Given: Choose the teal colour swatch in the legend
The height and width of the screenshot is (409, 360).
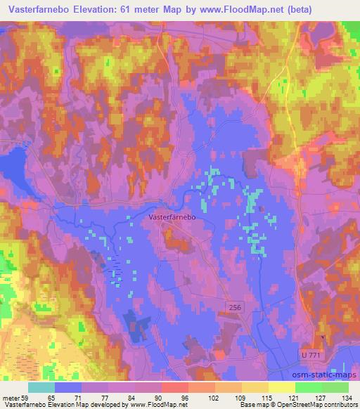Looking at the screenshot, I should [x=41, y=387].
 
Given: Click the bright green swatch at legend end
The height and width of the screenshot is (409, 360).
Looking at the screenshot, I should [x=335, y=387].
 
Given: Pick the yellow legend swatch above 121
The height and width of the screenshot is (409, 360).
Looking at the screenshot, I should [x=281, y=387].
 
